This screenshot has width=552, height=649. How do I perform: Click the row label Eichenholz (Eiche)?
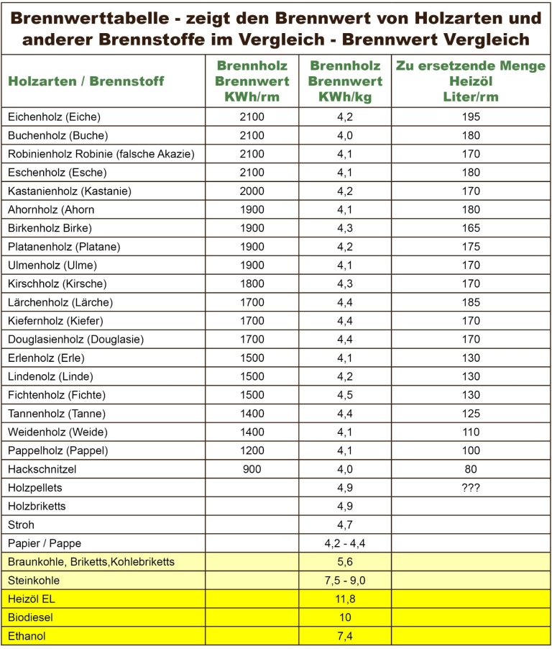click(54, 117)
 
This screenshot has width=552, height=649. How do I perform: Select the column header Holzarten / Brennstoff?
click(86, 81)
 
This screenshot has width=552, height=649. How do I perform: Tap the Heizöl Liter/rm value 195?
click(471, 117)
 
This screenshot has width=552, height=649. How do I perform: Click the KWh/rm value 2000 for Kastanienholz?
click(252, 191)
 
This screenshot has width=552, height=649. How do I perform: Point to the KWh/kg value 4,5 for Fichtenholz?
click(345, 395)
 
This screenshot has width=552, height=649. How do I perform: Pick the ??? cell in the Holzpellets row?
click(471, 488)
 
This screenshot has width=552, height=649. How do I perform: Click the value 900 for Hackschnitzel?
click(252, 469)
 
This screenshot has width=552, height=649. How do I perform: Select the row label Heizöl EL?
click(32, 599)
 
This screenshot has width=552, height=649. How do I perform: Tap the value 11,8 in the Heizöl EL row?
click(345, 599)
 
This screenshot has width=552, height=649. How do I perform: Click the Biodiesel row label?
click(31, 617)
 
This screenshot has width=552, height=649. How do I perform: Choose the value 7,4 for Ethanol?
click(345, 636)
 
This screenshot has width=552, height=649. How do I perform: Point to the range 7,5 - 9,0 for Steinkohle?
click(345, 581)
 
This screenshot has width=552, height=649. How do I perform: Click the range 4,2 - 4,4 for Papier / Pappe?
click(345, 543)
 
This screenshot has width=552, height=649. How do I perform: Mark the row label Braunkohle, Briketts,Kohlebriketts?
click(91, 562)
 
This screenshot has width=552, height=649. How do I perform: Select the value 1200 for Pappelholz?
click(252, 450)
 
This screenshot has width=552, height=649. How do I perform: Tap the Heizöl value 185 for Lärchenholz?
click(471, 302)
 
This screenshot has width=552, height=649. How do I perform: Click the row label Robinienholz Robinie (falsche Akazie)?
click(101, 155)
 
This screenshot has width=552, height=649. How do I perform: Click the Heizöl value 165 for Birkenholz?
click(471, 228)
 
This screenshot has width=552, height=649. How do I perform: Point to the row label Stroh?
click(21, 525)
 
